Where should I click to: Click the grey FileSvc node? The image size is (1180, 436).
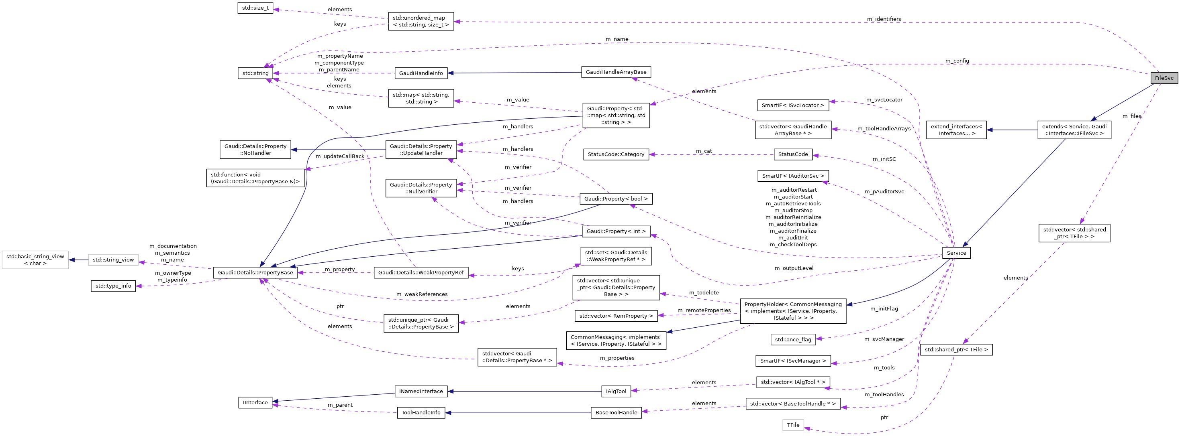(x=1164, y=78)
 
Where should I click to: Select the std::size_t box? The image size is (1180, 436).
(x=255, y=8)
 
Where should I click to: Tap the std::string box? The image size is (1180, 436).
(x=255, y=73)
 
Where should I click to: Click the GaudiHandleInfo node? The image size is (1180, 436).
(x=421, y=73)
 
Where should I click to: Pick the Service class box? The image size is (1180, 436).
(x=956, y=253)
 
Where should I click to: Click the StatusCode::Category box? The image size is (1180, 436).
(x=616, y=154)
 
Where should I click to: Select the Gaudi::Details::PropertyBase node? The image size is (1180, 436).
(x=255, y=273)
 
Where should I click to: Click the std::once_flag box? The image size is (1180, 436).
(x=793, y=339)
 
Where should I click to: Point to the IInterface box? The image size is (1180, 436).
(x=255, y=403)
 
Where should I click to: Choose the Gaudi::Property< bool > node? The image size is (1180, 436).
(x=616, y=199)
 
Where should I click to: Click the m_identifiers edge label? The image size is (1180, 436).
(x=884, y=19)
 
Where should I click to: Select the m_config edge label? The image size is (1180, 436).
(x=957, y=61)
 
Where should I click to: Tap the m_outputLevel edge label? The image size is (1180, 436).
(x=794, y=268)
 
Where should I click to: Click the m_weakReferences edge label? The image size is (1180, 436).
(x=422, y=294)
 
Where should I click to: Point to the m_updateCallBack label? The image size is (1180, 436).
(x=340, y=156)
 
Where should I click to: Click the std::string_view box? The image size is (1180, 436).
(x=113, y=260)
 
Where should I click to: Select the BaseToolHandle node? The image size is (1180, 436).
(x=616, y=413)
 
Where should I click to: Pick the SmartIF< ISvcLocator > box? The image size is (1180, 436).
(x=792, y=105)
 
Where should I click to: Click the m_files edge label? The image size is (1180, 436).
(x=1131, y=116)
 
